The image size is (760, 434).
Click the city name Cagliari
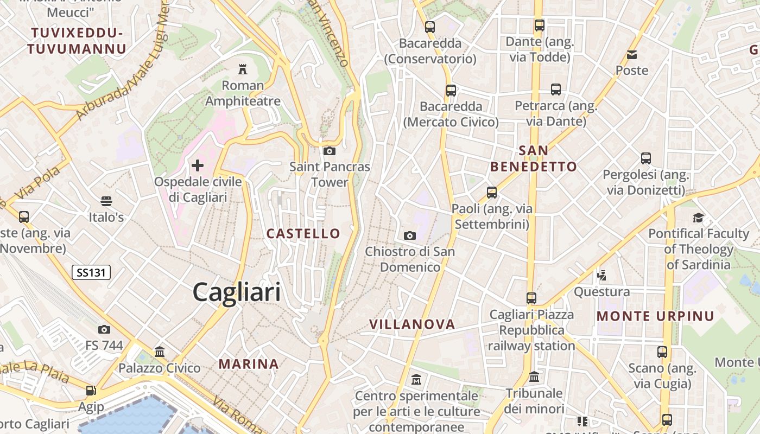237,292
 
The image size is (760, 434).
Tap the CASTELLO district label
303,234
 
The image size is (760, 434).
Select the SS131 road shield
91,272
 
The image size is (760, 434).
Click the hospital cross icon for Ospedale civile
198,165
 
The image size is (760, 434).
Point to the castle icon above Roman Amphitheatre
243,69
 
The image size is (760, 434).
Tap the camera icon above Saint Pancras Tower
329,151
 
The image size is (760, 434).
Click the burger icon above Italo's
106,201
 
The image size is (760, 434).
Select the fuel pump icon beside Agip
91,391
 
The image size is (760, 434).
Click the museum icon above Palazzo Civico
160,352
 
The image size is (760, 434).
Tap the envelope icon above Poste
632,54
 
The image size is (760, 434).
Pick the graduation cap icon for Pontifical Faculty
698,218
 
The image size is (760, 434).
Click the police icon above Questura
601,276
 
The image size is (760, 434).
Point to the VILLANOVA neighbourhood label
412,324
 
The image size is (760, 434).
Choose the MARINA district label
249,364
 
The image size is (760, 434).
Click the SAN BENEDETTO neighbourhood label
534,158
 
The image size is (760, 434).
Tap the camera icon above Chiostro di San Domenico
410,235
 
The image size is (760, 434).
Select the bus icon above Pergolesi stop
645,158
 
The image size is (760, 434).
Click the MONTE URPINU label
655,316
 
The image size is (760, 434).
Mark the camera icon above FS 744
104,329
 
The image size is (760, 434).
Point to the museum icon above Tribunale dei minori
534,376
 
